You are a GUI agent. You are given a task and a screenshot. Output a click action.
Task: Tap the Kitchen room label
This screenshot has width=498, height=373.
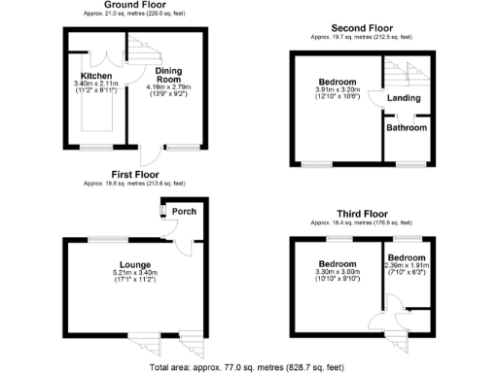[95, 76]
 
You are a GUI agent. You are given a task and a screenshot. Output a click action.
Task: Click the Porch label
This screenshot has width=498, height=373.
[183, 211]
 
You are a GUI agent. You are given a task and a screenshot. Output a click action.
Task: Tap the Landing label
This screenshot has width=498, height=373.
[404, 98]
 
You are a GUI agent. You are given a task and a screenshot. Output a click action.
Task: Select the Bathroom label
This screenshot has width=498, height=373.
[405, 127]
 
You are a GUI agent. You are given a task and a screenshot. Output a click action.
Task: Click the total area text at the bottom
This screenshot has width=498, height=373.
[247, 367]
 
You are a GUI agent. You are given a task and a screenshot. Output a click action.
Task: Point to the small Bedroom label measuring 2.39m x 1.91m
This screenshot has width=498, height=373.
[406, 256]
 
